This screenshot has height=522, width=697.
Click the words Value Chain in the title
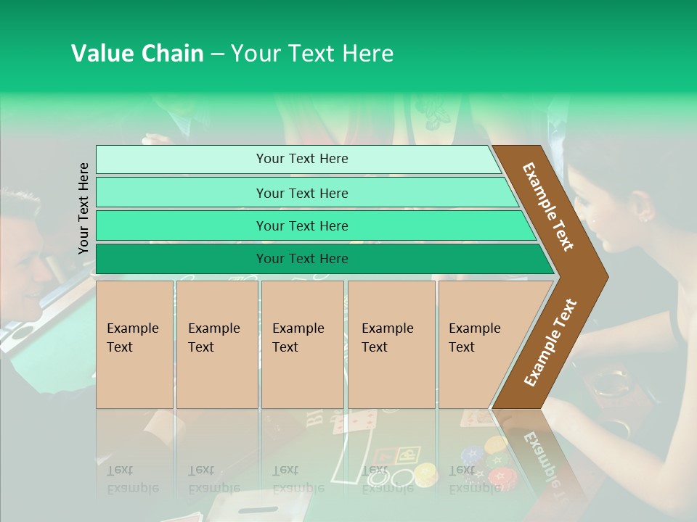[x=137, y=54]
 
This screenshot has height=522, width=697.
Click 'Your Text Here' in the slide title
[x=312, y=54]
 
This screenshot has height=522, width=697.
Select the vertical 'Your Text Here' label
[x=83, y=208]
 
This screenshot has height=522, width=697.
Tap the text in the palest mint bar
[x=302, y=159]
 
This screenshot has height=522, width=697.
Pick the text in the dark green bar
[x=302, y=259]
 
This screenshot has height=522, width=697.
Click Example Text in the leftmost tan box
[x=132, y=338]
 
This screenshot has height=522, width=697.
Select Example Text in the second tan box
[x=213, y=338]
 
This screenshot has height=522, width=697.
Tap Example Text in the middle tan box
[x=298, y=338]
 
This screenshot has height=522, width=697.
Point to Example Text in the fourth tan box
[x=387, y=338]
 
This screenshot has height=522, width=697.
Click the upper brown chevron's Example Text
[x=548, y=207]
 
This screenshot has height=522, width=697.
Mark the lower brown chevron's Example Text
[x=550, y=343]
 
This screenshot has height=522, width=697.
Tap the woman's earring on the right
[x=643, y=215]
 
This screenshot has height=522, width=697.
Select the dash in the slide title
[x=217, y=54]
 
